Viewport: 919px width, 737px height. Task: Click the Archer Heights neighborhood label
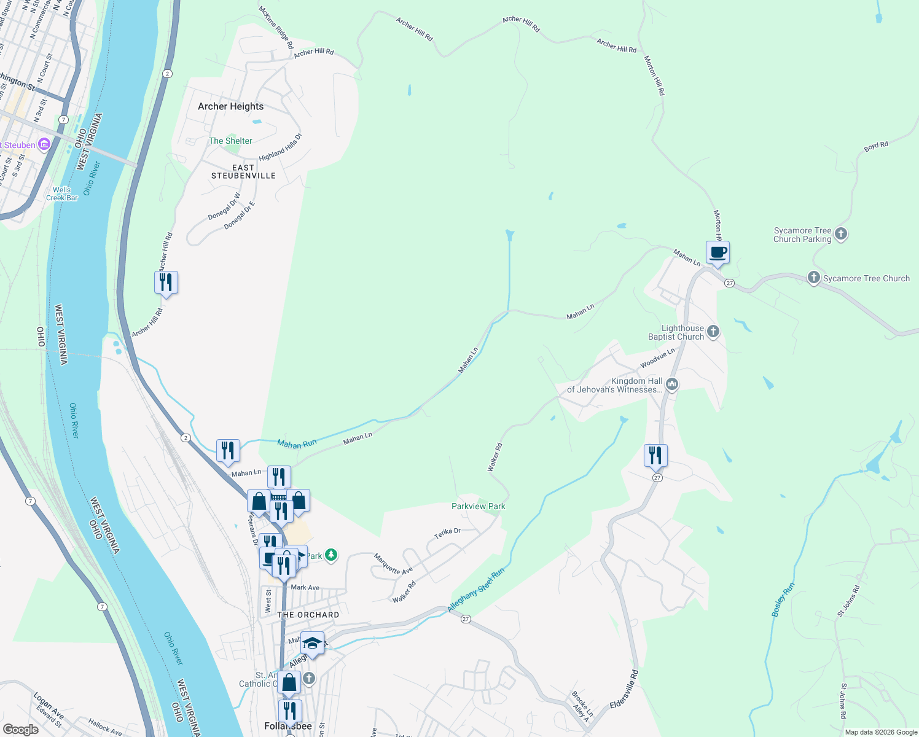[230, 106]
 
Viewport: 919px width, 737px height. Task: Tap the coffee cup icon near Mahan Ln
[718, 252]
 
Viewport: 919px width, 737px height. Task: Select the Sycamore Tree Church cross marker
[813, 278]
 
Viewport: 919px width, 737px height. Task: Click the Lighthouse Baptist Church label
[676, 332]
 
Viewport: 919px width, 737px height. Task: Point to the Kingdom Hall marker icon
[671, 385]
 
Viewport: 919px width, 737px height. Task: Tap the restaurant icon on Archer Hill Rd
[166, 283]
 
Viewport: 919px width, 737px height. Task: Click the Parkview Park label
[478, 506]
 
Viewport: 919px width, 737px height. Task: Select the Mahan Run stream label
[297, 443]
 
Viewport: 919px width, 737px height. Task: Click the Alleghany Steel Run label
[476, 590]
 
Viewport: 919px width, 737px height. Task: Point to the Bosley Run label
[783, 600]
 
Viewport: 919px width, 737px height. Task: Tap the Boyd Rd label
[876, 146]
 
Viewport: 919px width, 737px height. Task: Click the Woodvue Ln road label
[657, 358]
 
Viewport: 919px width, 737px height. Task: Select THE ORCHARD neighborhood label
[308, 615]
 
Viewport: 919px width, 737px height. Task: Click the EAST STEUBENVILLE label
[243, 171]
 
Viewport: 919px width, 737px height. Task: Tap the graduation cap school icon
[312, 643]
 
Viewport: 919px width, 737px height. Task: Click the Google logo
[20, 729]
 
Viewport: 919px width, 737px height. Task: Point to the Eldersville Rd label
[624, 689]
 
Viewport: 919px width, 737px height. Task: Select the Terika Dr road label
[447, 533]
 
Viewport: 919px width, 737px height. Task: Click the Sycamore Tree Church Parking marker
[842, 234]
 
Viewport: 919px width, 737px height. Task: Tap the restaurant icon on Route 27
[655, 455]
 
